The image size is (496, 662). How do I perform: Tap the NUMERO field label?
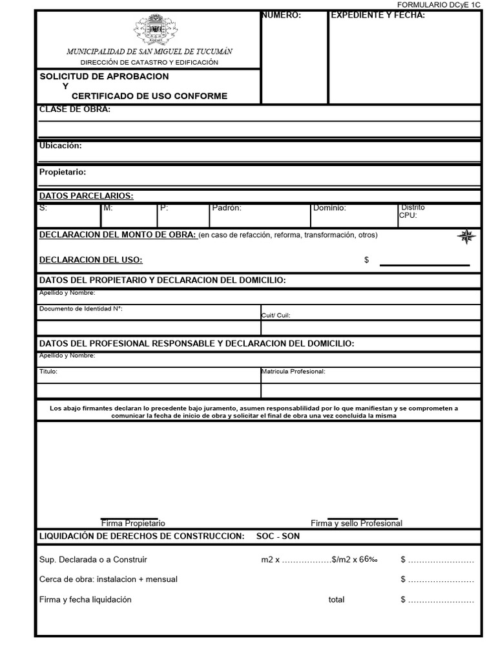coord(282,16)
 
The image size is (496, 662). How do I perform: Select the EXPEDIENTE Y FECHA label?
coord(378,16)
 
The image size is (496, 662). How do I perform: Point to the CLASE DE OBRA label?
coord(75,109)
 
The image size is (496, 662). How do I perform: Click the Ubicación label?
coord(60,145)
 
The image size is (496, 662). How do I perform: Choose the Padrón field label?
coord(227,208)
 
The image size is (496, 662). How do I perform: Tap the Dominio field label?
coord(329,208)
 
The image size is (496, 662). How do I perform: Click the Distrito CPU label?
coord(412,211)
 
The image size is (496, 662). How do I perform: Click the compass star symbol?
coord(466,237)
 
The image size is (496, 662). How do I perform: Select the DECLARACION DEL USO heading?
coord(91,260)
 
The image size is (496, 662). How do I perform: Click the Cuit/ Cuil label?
coord(276,315)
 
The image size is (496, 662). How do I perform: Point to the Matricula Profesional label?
coord(293,372)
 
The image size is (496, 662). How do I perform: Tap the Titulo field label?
coord(48,372)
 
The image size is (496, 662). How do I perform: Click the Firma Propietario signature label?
coord(133,523)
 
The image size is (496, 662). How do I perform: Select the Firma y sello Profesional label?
coord(356,523)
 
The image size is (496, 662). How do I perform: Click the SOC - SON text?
coord(278,536)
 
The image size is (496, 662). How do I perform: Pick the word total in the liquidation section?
coord(336,599)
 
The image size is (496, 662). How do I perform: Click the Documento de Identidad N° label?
coord(81,308)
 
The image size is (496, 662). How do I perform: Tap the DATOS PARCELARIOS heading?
coord(87,196)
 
